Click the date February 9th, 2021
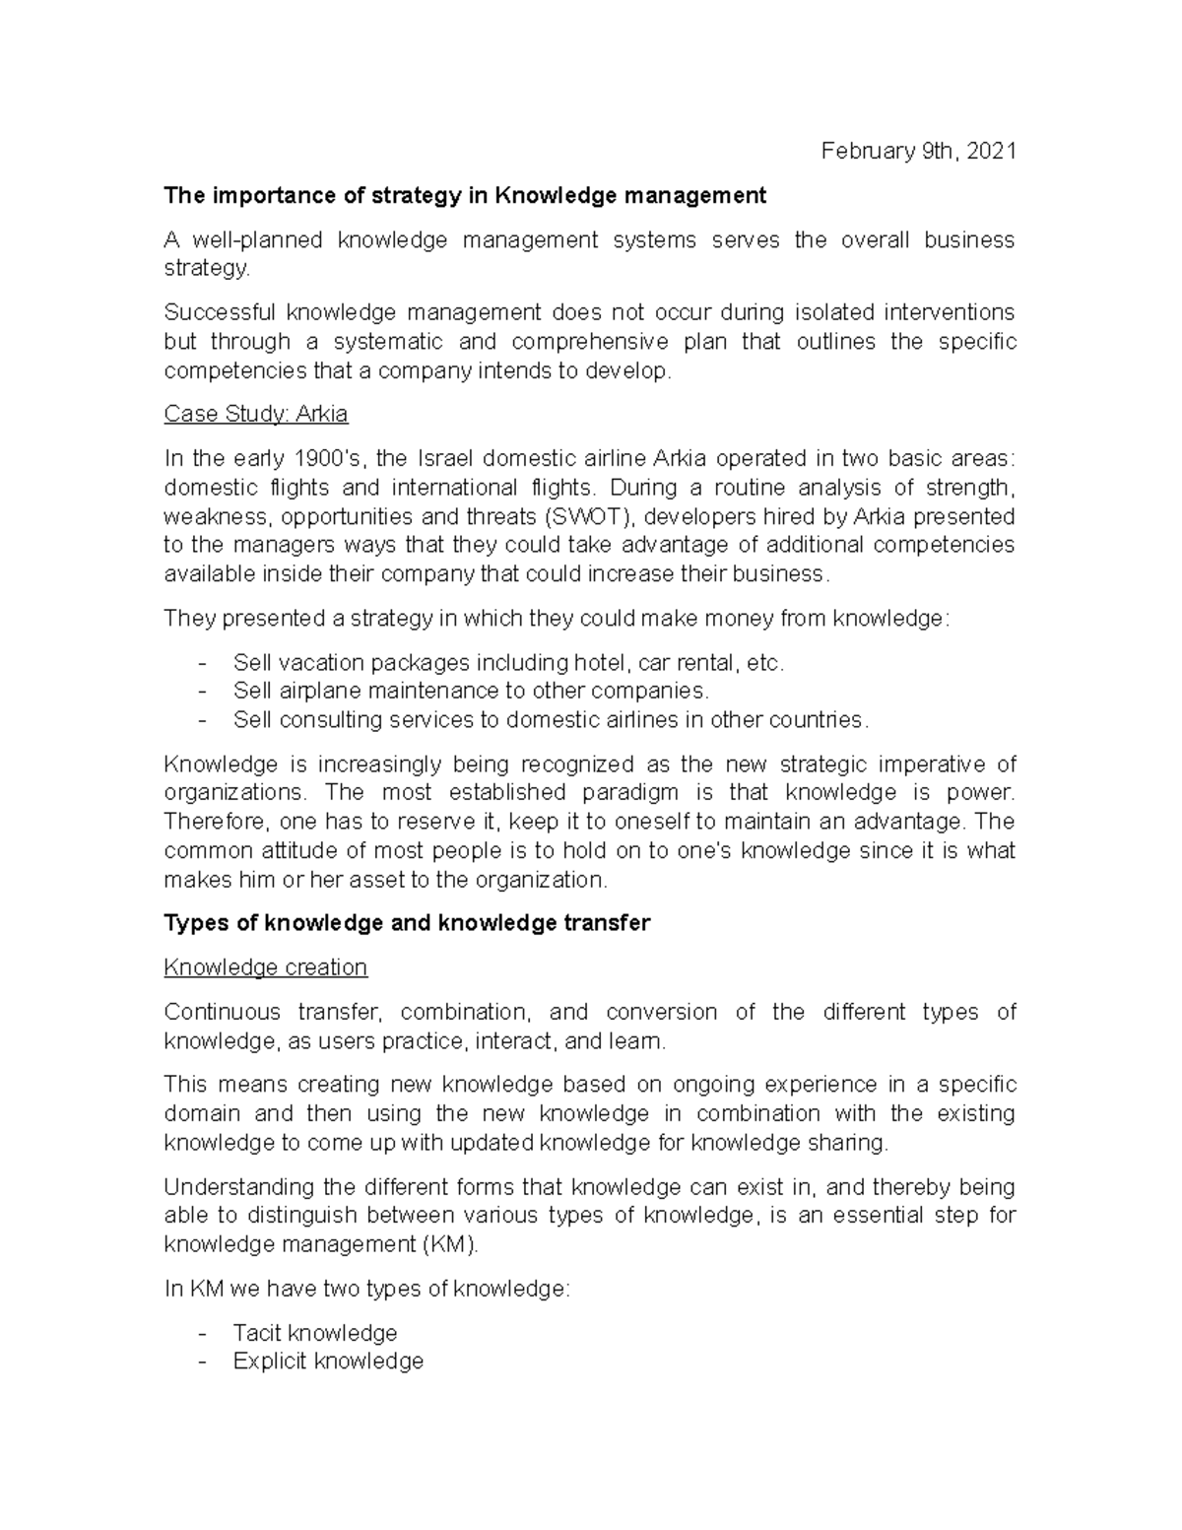[x=918, y=151]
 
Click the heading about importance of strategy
[x=464, y=195]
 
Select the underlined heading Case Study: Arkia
[x=255, y=414]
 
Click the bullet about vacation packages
[x=508, y=662]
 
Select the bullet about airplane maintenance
[x=470, y=691]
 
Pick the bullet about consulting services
[x=551, y=719]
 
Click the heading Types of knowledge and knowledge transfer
[x=407, y=923]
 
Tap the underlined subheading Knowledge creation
[x=265, y=967]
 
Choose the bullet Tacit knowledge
[x=314, y=1333]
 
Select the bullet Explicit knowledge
[x=328, y=1362]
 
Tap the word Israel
[x=449, y=458]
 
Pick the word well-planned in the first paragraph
[x=257, y=239]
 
